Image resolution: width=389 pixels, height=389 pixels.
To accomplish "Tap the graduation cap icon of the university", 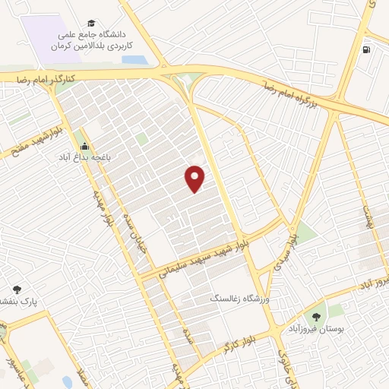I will point(93,24).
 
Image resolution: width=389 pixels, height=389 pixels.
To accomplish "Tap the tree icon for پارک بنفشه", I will point(17,289).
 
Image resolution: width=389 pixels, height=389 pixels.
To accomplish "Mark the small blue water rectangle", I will point(133,60).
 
